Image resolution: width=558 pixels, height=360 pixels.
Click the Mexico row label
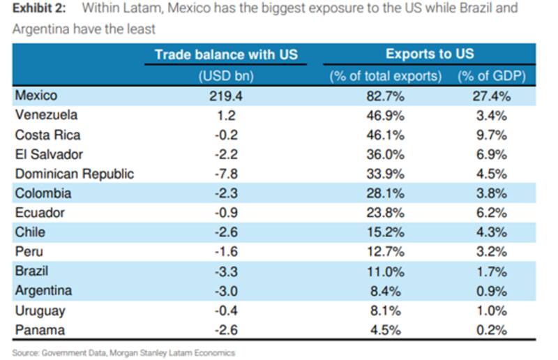(36, 96)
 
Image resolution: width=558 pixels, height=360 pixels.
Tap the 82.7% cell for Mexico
(385, 96)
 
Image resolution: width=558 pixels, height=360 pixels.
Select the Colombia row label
(43, 193)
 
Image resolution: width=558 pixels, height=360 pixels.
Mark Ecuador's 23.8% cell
(385, 213)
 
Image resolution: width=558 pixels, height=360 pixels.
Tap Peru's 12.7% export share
(385, 251)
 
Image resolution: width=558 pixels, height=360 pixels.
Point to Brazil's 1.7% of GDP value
(491, 271)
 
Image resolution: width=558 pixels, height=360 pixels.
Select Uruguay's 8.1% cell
(385, 310)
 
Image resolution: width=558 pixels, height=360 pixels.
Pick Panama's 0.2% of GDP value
(491, 329)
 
